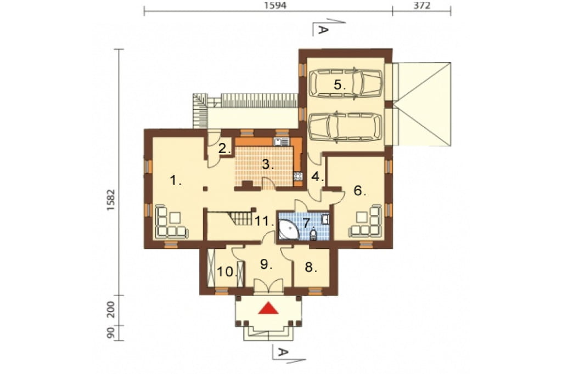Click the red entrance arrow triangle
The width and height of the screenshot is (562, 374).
268,308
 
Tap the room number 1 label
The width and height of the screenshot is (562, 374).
175,180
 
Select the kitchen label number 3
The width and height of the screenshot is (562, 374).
268,164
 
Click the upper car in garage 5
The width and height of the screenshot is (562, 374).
345,83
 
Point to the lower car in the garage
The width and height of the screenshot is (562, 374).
345,127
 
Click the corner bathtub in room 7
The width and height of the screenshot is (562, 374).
290,229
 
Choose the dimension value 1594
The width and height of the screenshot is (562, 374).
274,5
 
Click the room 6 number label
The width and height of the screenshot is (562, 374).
359,191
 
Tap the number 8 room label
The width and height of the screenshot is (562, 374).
311,267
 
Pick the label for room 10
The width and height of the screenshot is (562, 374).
227,272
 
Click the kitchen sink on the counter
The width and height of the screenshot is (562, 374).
282,142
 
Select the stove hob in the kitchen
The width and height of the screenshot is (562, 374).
298,176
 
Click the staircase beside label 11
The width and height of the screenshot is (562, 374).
237,218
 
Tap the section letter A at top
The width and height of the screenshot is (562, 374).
323,31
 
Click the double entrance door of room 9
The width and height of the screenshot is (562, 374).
268,286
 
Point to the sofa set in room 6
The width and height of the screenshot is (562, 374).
365,222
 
